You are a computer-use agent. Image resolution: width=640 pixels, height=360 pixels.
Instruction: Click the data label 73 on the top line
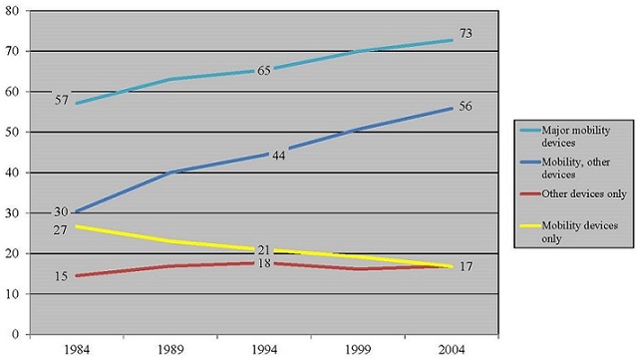point(466,34)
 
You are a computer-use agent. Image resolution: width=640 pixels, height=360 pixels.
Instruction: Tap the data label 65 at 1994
point(263,71)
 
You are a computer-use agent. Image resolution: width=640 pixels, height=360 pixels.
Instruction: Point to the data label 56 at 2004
point(466,108)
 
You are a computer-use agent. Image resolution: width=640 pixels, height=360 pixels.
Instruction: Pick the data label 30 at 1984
point(60,211)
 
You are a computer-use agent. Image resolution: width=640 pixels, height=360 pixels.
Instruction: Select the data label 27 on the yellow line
point(60,230)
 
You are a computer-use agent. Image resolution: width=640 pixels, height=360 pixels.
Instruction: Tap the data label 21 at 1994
point(263,250)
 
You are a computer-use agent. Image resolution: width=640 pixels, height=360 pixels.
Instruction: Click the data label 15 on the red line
point(62,276)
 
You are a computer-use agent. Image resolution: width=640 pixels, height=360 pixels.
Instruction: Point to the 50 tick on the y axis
point(15,132)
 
